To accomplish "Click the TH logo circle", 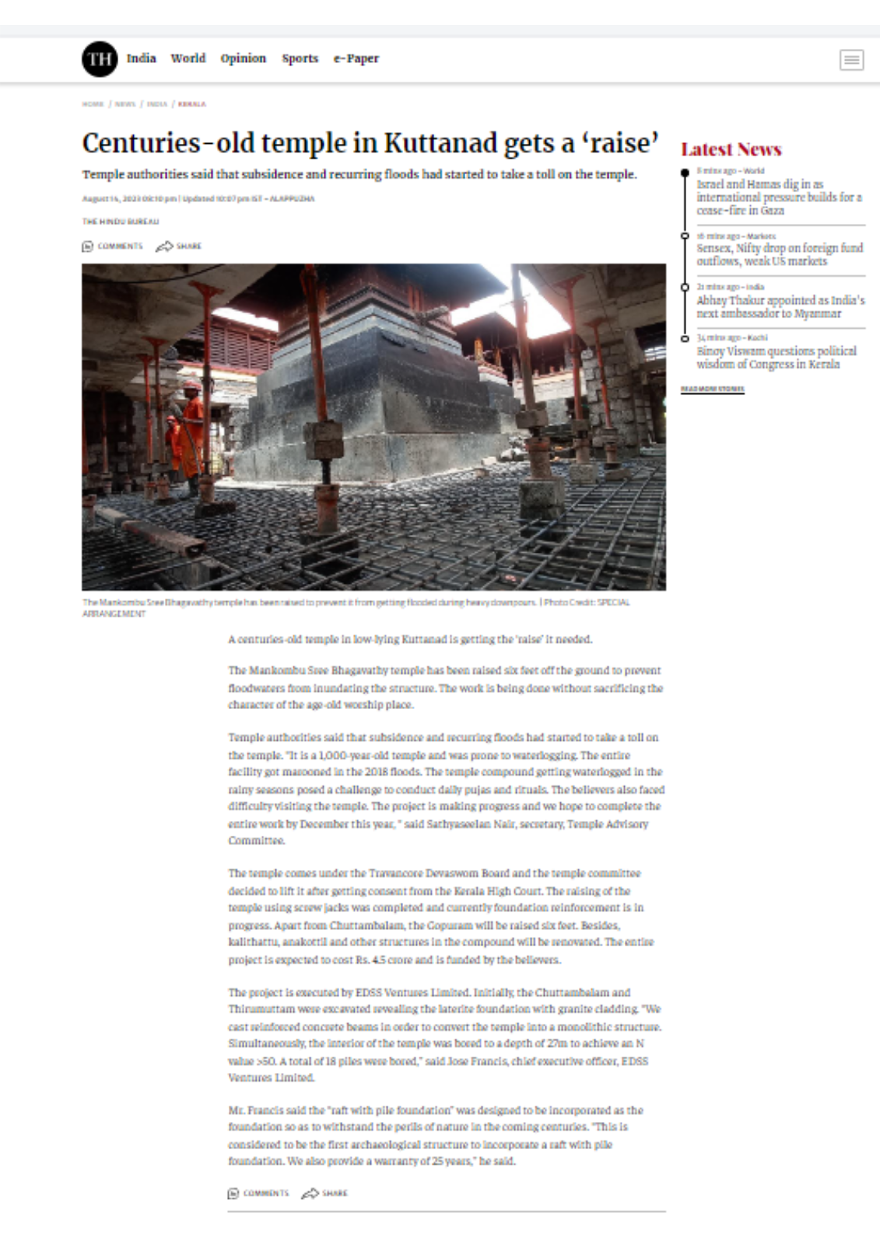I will click(x=100, y=59).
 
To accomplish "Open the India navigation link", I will click(x=141, y=58).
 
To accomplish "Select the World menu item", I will click(x=188, y=58).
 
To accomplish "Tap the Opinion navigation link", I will click(x=243, y=58).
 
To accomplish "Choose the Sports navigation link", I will click(x=300, y=58).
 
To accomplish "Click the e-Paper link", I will click(x=356, y=58).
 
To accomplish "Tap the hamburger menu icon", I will click(x=851, y=60).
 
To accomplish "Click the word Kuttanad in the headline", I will click(x=440, y=144).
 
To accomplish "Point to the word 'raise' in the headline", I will click(x=620, y=144).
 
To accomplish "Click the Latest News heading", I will click(x=731, y=149).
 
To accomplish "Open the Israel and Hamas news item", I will click(x=778, y=197).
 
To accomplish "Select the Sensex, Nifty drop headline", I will click(x=779, y=254).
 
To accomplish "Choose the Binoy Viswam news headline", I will click(x=776, y=358).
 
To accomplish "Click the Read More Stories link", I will click(x=712, y=389).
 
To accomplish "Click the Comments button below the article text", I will click(x=258, y=1193).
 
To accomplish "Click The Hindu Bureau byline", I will click(x=121, y=222).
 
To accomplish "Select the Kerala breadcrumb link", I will click(x=191, y=104).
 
